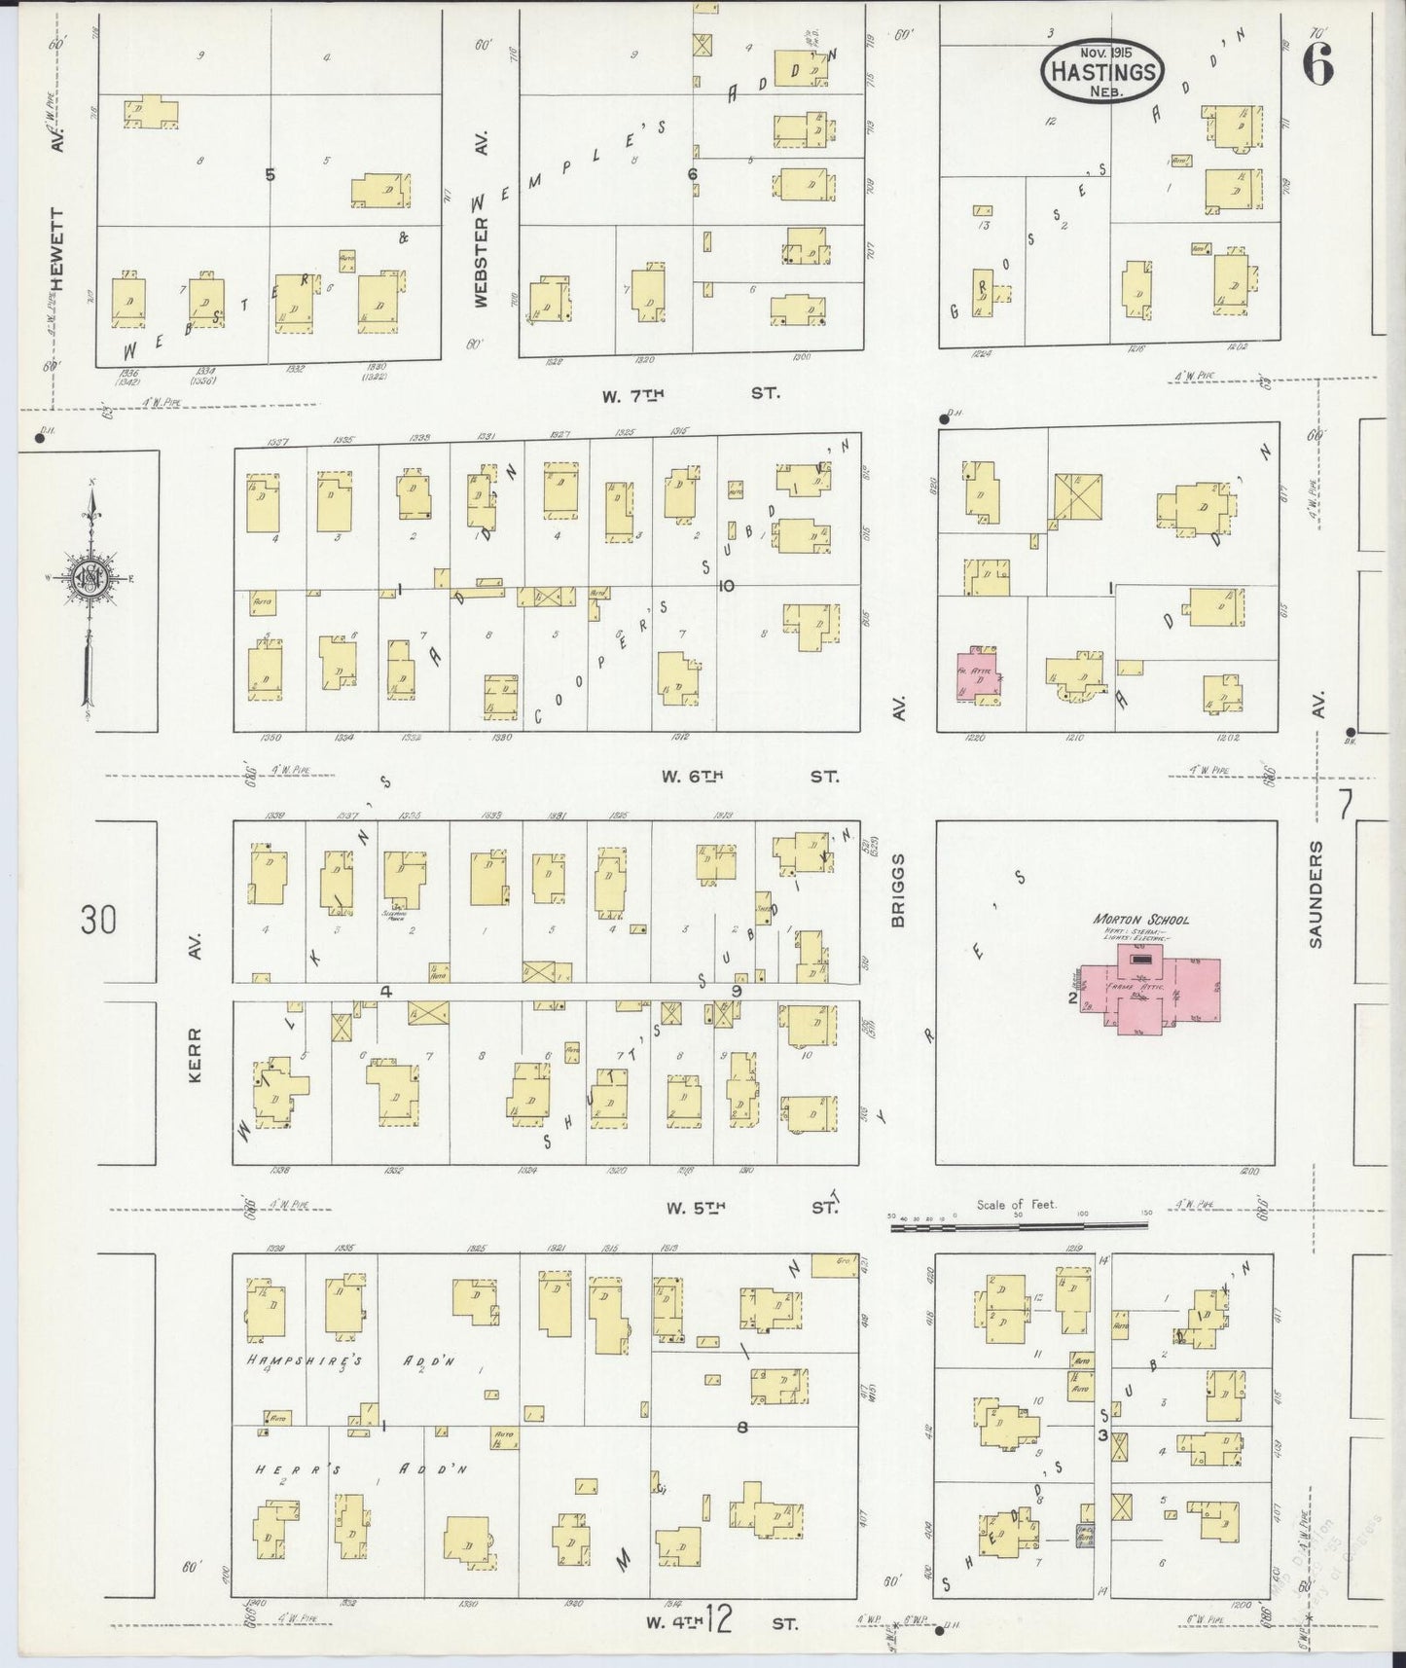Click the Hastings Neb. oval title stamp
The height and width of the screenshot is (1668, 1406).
pyautogui.click(x=1102, y=71)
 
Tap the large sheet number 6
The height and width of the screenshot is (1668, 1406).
pyautogui.click(x=1317, y=65)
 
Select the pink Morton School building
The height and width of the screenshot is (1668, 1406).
pyautogui.click(x=1158, y=994)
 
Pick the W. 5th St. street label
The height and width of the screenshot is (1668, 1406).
pyautogui.click(x=750, y=1208)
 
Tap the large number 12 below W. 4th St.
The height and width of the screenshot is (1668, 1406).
pyautogui.click(x=719, y=1620)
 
